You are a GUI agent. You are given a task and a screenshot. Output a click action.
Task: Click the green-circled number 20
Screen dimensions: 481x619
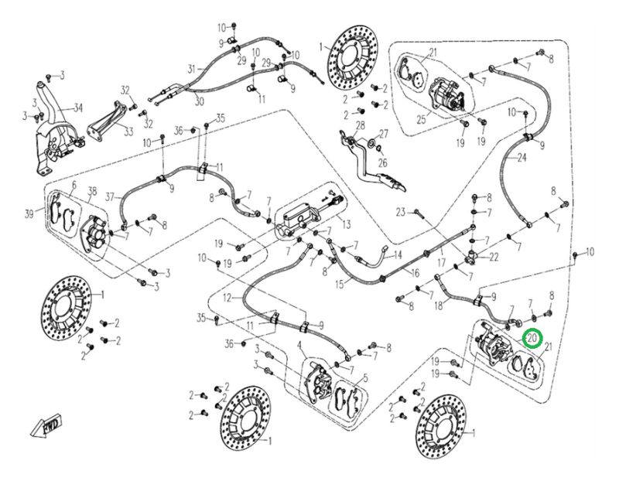(x=532, y=338)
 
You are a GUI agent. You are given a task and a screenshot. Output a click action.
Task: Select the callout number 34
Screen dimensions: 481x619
(x=77, y=107)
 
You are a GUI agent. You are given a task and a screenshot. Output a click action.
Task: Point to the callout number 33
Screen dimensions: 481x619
(x=128, y=132)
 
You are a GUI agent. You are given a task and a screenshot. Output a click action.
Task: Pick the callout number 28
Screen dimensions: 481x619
(x=360, y=125)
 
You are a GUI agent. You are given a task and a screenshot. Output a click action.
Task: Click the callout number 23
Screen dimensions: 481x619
(x=401, y=212)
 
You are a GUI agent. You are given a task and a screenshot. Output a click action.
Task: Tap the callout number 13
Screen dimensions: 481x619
(x=345, y=223)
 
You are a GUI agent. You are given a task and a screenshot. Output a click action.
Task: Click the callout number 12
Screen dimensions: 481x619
(x=227, y=298)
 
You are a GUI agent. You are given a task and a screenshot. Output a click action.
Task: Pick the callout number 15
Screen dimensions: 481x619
(x=340, y=283)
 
